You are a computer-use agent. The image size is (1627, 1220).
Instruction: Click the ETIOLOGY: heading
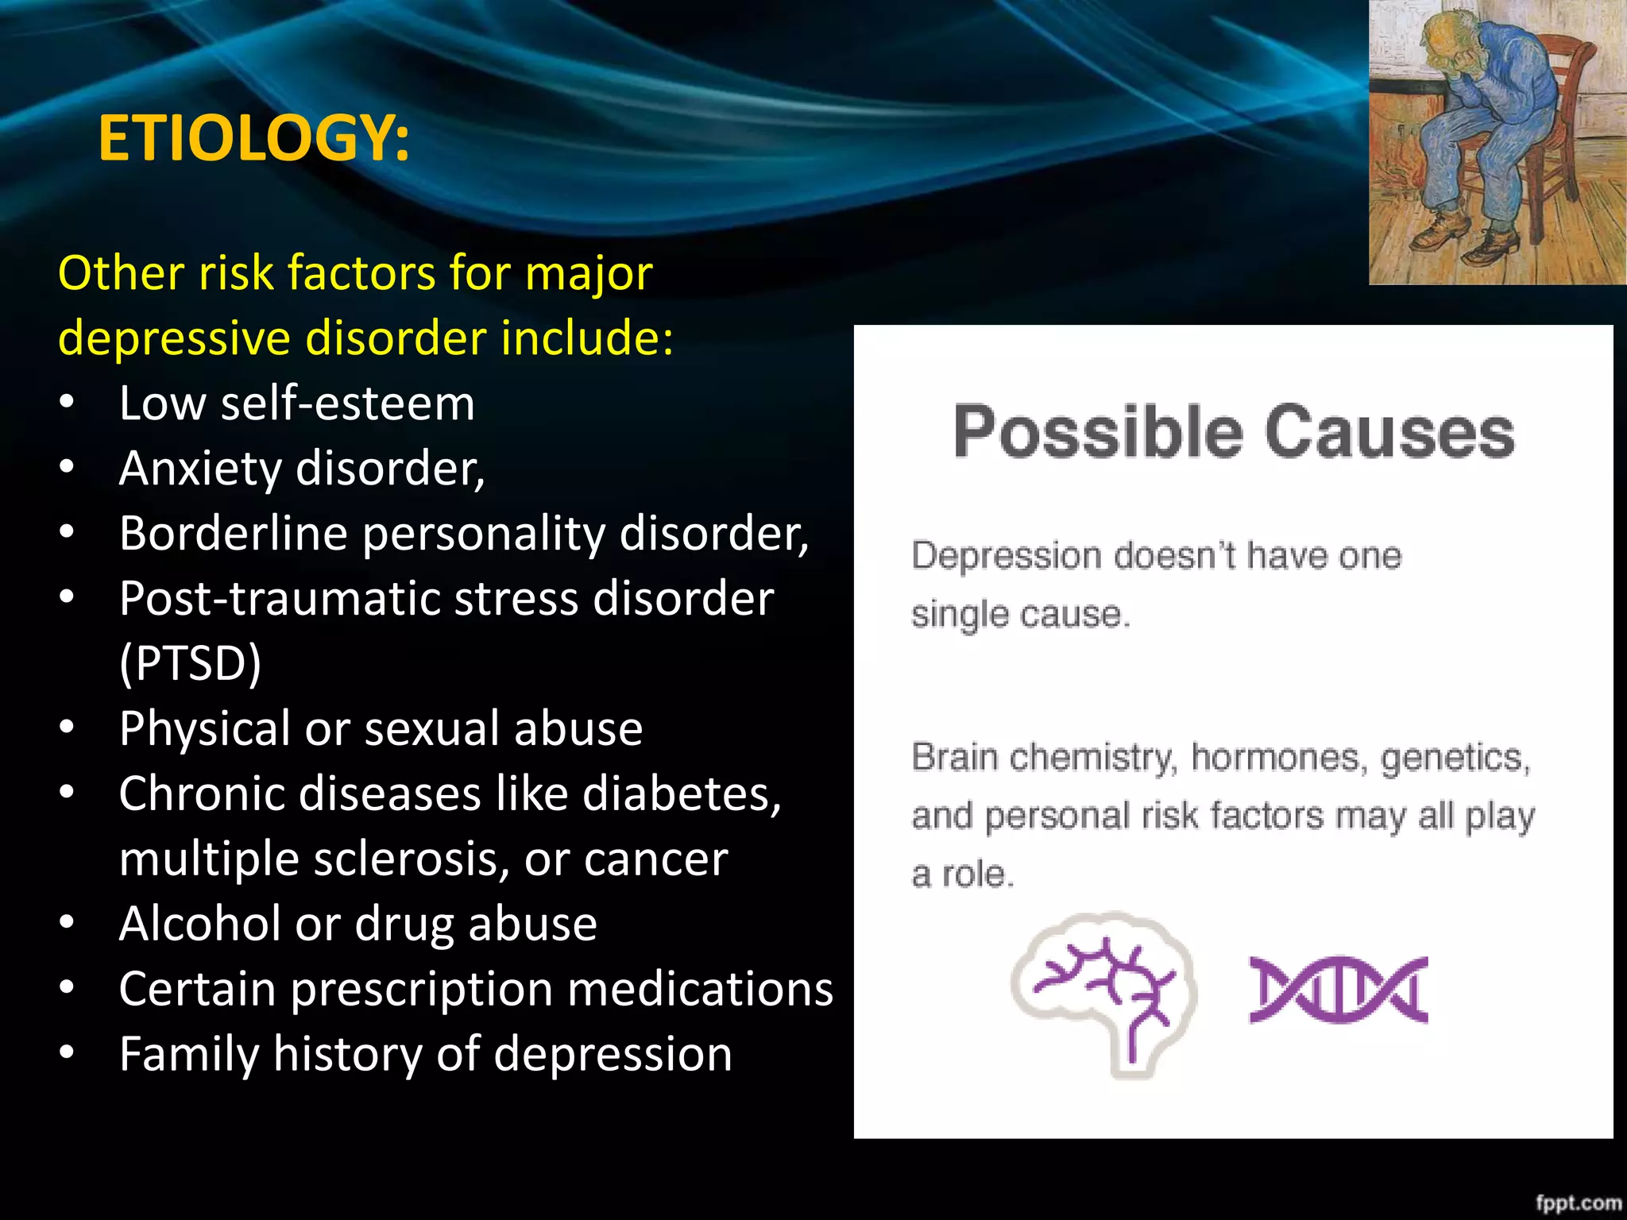tap(253, 138)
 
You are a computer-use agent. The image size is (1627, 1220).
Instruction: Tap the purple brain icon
tap(1104, 993)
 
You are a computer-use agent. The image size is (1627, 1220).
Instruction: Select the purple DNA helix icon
tap(1339, 989)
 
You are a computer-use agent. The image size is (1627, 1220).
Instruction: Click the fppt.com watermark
tap(1578, 1203)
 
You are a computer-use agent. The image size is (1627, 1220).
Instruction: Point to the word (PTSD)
tap(190, 664)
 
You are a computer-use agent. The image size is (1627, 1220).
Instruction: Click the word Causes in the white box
tap(1389, 433)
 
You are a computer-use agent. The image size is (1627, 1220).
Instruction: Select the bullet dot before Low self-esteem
tap(67, 403)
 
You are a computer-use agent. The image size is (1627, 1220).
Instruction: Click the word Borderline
tap(234, 533)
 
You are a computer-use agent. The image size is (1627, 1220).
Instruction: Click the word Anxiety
tap(199, 469)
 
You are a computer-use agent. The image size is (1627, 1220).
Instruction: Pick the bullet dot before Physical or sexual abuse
tap(67, 728)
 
